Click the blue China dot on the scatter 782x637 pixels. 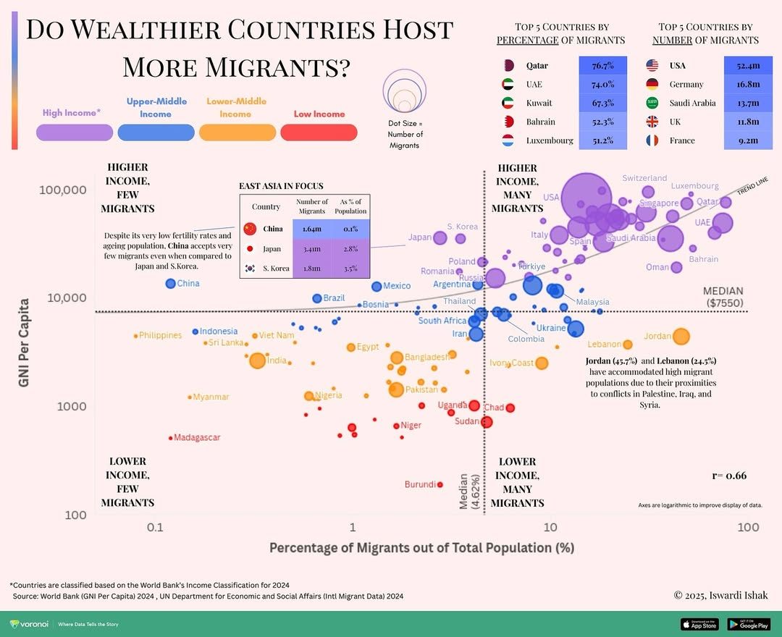(171, 284)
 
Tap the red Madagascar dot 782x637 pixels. (171, 438)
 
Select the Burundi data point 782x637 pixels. (440, 484)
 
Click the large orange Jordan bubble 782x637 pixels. (681, 336)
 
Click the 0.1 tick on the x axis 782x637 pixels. (154, 528)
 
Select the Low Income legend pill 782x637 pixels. (319, 132)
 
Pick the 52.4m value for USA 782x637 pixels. (747, 66)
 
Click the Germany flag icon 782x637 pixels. (652, 84)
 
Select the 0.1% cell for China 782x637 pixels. (350, 229)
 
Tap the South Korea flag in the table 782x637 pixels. (251, 269)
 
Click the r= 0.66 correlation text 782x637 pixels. (729, 476)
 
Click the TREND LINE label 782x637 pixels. (753, 186)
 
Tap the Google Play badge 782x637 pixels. (748, 624)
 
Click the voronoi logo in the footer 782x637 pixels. (29, 624)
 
